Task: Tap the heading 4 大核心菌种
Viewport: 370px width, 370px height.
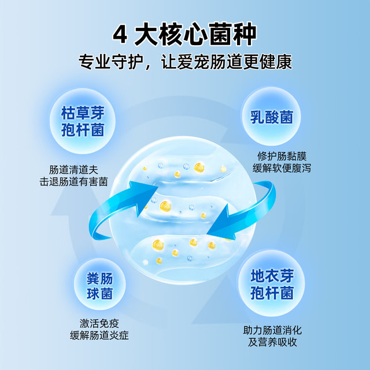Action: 184,34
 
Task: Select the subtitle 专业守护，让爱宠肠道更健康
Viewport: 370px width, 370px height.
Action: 185,62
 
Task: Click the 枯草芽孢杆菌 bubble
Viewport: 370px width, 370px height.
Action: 83,121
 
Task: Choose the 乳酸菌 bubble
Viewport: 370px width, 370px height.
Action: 271,117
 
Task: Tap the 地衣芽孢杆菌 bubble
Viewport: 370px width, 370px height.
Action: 272,283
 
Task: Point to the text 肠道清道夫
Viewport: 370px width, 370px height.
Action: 73,170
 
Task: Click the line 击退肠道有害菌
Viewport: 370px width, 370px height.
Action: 73,182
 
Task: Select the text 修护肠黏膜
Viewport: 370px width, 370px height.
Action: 282,156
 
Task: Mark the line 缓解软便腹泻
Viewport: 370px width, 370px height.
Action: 282,168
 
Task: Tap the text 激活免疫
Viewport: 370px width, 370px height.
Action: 99,323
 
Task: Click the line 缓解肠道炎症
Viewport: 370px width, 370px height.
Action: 99,335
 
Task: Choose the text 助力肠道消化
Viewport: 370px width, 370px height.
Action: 272,330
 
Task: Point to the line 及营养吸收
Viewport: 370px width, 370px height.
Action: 272,342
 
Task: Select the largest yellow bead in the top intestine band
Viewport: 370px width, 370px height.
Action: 199,167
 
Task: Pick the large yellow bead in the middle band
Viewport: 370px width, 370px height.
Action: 165,206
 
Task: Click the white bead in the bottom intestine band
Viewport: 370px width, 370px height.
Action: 146,262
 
